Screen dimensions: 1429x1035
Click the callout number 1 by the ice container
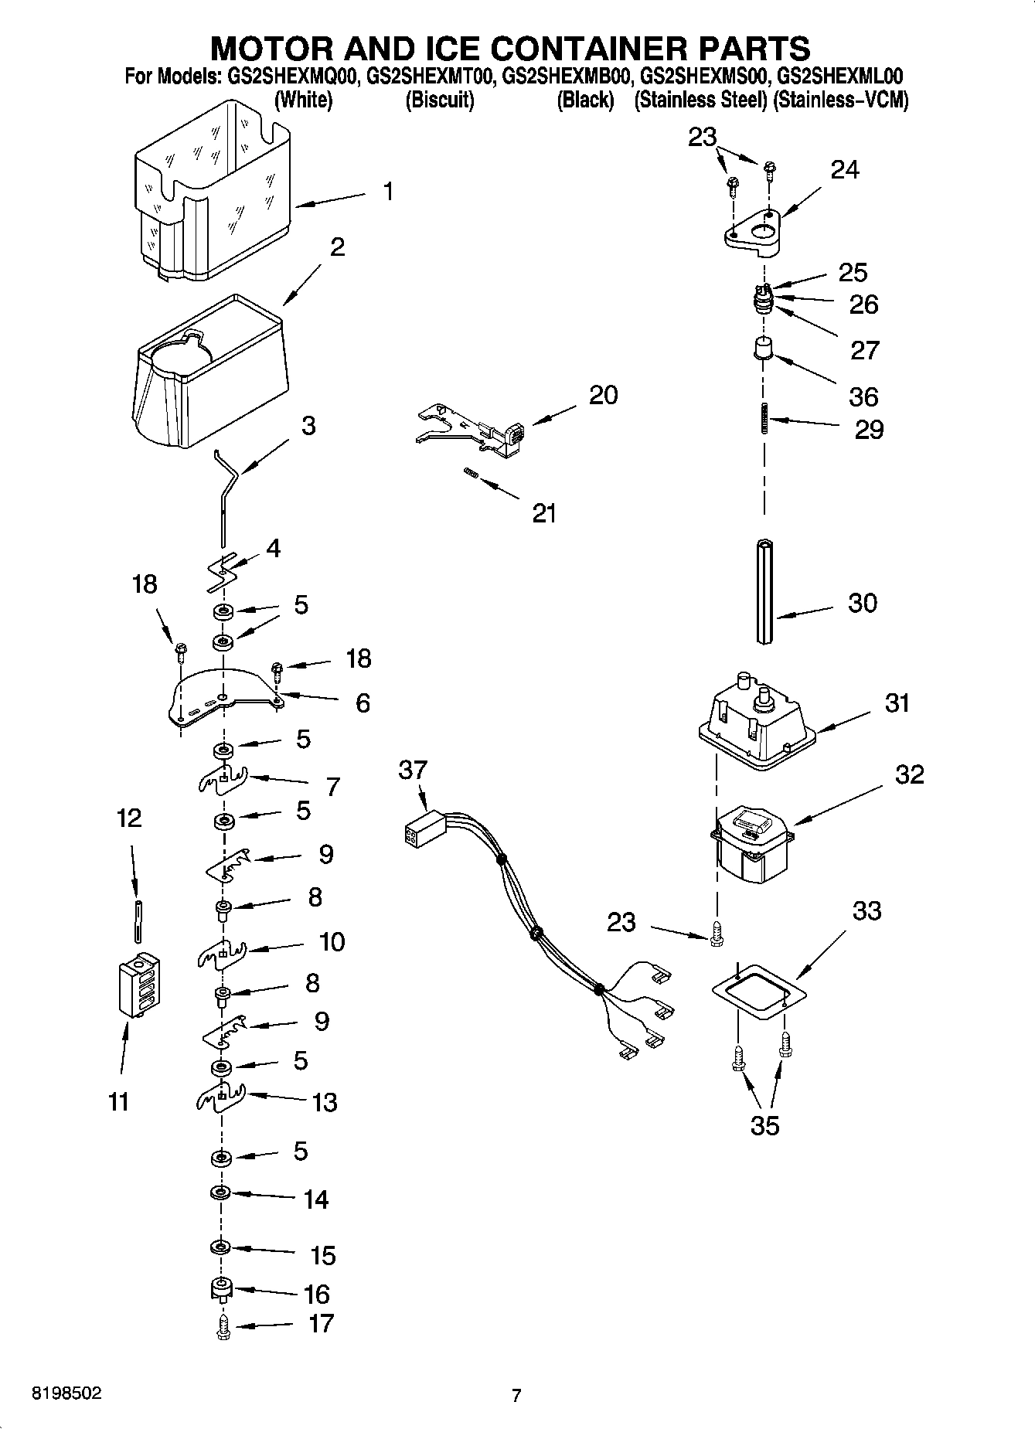(x=388, y=191)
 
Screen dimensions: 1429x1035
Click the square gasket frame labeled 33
(x=758, y=991)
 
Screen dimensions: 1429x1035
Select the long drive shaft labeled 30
(x=764, y=591)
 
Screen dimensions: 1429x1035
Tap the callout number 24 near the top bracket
(x=845, y=169)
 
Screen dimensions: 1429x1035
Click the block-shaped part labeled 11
(x=140, y=987)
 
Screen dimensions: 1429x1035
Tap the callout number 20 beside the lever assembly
(x=604, y=395)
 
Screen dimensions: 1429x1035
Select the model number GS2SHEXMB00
(x=567, y=77)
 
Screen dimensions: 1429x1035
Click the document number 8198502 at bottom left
(x=66, y=1393)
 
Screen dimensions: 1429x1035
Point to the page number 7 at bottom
(x=516, y=1395)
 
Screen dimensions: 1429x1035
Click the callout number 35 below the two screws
(x=764, y=1125)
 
